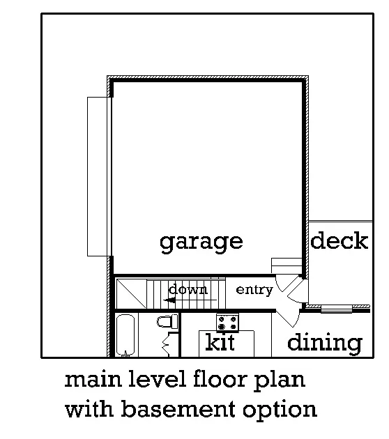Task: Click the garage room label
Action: tap(201, 242)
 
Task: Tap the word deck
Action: tap(339, 241)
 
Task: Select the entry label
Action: tap(254, 290)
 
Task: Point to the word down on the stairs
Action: tap(188, 289)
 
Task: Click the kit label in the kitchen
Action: tap(220, 343)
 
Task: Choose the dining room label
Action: tap(325, 343)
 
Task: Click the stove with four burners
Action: tap(227, 323)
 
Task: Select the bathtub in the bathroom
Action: tap(126, 335)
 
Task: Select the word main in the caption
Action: tap(89, 380)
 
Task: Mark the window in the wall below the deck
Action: tap(337, 308)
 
